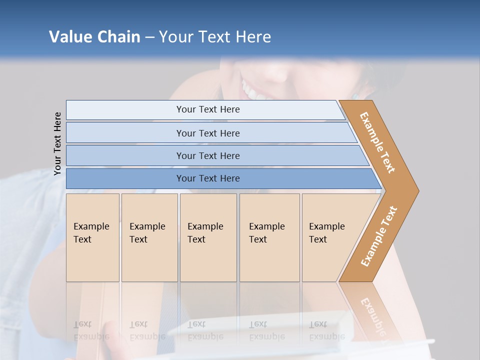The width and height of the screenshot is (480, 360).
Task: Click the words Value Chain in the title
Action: point(94,36)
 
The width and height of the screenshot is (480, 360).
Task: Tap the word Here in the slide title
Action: point(252,36)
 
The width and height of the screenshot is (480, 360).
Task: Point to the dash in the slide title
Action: point(149,37)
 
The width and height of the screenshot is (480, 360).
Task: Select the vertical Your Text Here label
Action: point(58,143)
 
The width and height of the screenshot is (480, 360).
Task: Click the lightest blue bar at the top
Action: point(207,109)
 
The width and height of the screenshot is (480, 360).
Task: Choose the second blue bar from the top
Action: point(207,133)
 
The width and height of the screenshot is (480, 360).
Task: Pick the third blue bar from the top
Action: point(207,155)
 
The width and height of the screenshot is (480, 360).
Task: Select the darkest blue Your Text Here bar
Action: point(207,178)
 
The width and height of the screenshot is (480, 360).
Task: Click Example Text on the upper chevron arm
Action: point(377,142)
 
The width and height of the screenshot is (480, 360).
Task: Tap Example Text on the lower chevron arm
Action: point(379,236)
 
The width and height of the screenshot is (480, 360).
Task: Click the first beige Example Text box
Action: point(92,237)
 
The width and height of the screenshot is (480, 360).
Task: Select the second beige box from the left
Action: point(149,237)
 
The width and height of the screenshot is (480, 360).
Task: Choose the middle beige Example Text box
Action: point(207,237)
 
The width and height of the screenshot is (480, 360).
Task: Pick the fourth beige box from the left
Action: point(269,237)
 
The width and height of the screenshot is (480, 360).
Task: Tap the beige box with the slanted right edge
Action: point(330,237)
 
